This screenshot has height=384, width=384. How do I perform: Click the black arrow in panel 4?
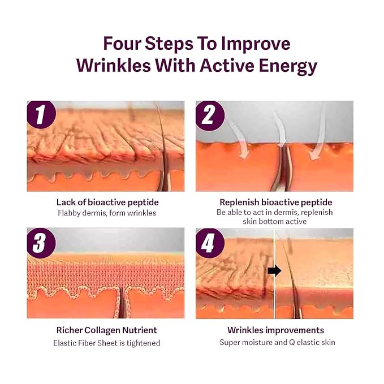point(274,270)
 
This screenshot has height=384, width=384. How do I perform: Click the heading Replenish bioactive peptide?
point(275,202)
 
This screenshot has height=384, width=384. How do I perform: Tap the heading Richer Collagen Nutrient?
point(106,330)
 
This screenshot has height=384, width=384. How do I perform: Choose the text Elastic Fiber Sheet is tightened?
point(106,343)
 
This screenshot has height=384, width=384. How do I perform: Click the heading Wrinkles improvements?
point(275,330)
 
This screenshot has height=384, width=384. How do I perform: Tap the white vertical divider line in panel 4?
point(274,294)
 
